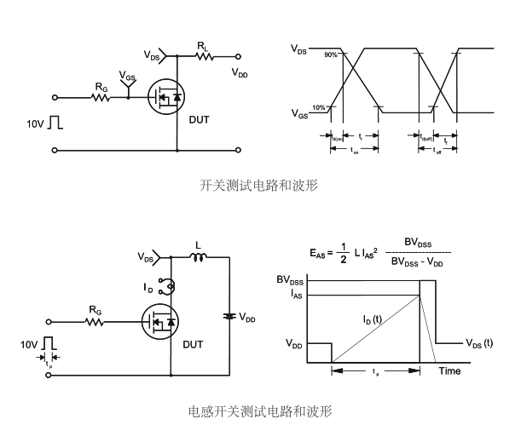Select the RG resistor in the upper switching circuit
(101, 97)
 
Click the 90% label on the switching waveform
(330, 55)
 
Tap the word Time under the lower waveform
(449, 370)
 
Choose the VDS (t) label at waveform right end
(479, 343)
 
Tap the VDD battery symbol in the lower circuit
(229, 316)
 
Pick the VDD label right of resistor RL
(240, 74)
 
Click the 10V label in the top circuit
(35, 124)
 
